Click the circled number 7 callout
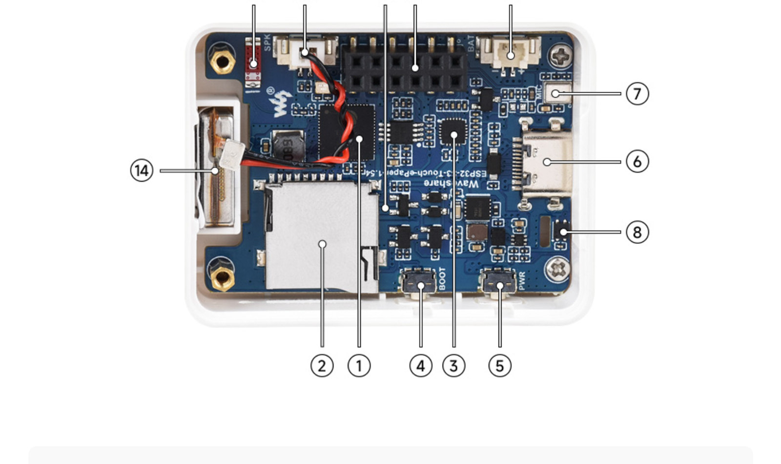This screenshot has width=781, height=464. tap(637, 93)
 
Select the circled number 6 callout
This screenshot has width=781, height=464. tap(637, 162)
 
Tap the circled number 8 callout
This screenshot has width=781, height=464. tap(637, 232)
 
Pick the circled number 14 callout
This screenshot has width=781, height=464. tap(142, 171)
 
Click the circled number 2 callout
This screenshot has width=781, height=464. tap(322, 365)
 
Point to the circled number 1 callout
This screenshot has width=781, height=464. tap(359, 365)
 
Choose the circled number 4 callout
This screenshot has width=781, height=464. tap(421, 365)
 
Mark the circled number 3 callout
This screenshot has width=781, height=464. tap(453, 365)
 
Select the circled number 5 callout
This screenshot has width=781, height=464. tap(499, 365)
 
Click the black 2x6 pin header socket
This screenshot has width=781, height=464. tap(405, 68)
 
